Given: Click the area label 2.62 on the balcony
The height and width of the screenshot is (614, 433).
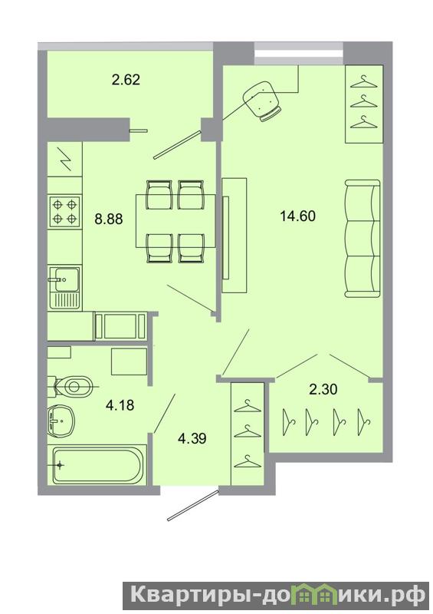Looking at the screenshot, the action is pos(126,80).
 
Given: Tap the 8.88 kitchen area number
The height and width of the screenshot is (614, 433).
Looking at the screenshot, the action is pos(109,219).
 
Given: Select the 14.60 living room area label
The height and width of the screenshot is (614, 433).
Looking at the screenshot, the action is pos(297,216).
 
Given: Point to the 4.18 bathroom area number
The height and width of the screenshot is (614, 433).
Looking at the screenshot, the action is pos(120,405).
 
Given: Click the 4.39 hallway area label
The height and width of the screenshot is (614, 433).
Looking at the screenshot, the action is pos(192,438).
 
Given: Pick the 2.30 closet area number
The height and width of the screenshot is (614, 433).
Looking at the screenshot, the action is pos(323,390).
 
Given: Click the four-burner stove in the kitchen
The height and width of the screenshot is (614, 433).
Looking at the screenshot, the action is pos(64,212).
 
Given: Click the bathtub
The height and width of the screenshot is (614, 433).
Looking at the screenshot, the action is pos(97,466).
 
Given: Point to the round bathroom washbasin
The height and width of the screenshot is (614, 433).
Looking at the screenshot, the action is pos(61,421).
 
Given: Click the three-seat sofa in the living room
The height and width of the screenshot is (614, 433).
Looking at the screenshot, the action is pos(362,239).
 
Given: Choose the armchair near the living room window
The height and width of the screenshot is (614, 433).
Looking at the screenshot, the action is pos(262,101).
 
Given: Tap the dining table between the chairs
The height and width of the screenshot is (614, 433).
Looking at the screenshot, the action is pos(175,221).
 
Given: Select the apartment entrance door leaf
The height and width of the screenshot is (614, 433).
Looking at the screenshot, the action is pos(192,505).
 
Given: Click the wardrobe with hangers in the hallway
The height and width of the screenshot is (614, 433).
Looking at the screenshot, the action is pos(248,434).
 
